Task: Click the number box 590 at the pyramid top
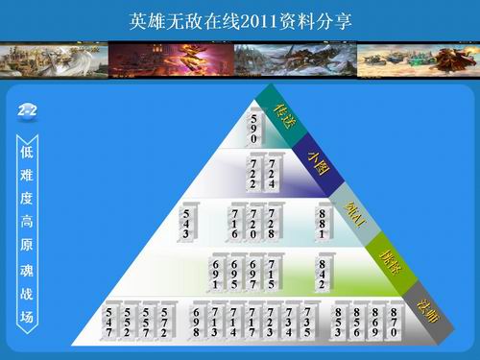254,126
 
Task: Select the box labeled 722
253,172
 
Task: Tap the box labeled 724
273,172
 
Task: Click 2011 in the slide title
251,19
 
